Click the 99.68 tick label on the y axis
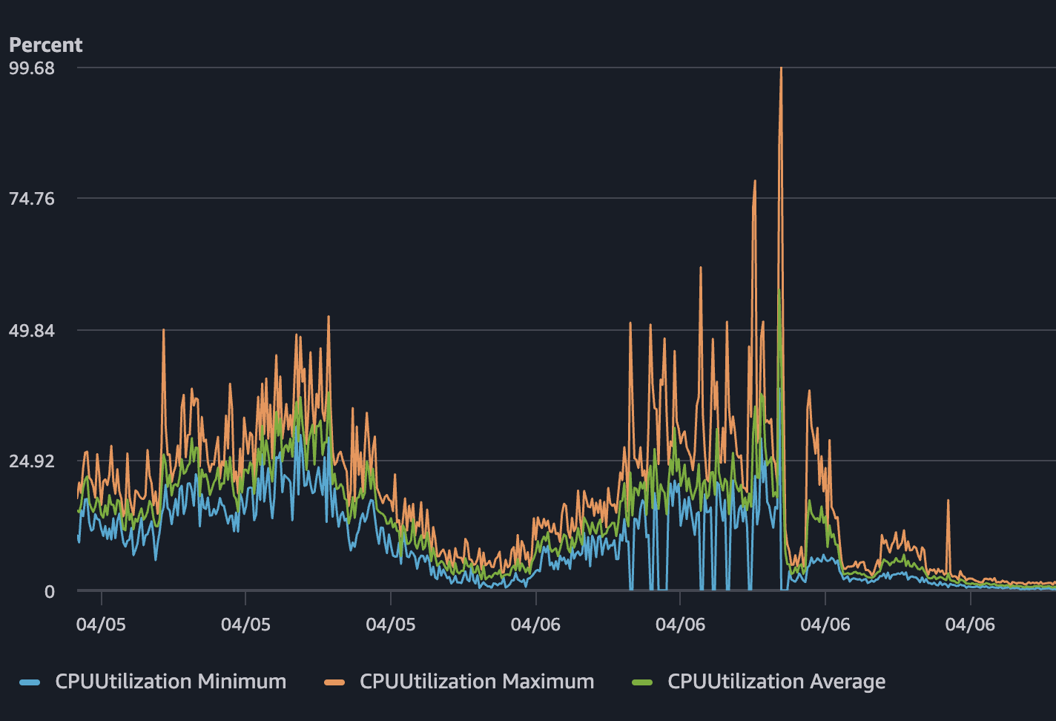tap(32, 68)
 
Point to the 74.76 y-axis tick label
tap(32, 199)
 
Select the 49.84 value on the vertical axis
tap(32, 330)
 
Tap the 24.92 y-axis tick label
tap(32, 461)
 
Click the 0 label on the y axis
tap(50, 592)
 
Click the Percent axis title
tap(45, 45)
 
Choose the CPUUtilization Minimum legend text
tap(171, 682)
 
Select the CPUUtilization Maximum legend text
tap(477, 682)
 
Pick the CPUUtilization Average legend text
tap(776, 682)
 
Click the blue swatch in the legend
tap(30, 682)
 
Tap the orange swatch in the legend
tap(334, 682)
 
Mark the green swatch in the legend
tap(642, 682)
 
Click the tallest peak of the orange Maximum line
tap(781, 69)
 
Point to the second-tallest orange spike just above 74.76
tap(755, 181)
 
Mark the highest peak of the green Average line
tap(779, 293)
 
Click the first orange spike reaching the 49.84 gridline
tap(164, 330)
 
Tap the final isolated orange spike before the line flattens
tap(948, 501)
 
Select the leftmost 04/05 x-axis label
tap(101, 625)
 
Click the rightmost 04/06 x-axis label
tap(970, 625)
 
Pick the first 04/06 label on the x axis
tap(535, 625)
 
